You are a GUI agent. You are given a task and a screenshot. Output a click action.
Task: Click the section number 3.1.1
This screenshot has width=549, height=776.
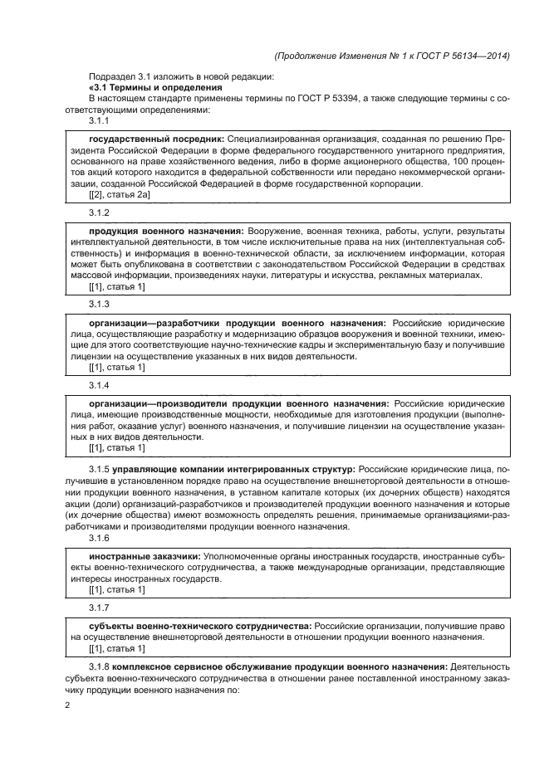[99, 120]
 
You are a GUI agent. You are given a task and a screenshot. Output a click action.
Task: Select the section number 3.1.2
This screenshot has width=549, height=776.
[99, 212]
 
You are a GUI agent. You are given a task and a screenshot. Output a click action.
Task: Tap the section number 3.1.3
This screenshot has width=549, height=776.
[99, 305]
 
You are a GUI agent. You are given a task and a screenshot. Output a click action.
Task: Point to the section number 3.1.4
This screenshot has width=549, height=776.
[99, 385]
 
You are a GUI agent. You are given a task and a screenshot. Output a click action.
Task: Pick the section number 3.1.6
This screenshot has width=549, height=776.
[99, 538]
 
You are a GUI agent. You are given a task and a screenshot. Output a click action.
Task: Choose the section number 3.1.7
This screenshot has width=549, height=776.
[99, 608]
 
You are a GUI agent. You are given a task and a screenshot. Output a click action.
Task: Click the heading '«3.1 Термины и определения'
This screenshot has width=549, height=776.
[154, 87]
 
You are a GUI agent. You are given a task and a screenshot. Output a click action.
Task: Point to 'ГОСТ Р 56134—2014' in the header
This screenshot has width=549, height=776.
[460, 56]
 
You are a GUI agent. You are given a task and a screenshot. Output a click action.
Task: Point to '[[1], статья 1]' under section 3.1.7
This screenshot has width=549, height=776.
[116, 647]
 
